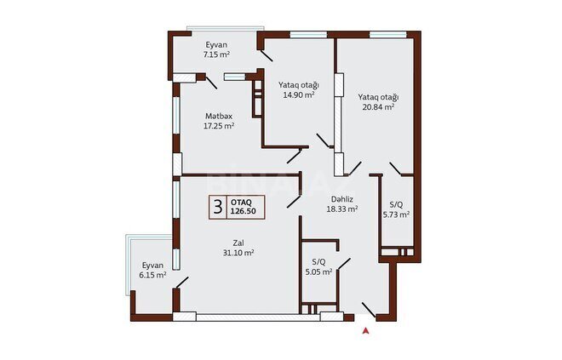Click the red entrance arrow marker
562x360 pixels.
(x=365, y=330)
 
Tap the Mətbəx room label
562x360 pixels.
(x=219, y=116)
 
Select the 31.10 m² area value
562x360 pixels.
(x=238, y=253)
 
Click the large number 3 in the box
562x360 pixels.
(x=217, y=207)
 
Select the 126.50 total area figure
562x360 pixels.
(x=243, y=211)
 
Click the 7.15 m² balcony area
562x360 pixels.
(x=216, y=54)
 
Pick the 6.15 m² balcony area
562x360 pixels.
(x=152, y=275)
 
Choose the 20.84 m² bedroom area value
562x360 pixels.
(x=378, y=106)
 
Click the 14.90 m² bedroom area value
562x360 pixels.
(x=299, y=95)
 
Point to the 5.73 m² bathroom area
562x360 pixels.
(x=397, y=214)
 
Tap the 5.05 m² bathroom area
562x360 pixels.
(x=318, y=271)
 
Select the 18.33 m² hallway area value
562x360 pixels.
(x=342, y=209)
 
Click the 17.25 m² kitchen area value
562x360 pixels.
(x=219, y=126)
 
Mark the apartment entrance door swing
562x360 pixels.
(x=369, y=310)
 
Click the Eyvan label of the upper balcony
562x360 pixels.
(x=216, y=45)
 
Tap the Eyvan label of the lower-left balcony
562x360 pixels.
(x=152, y=266)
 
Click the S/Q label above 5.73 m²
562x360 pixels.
(x=396, y=205)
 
